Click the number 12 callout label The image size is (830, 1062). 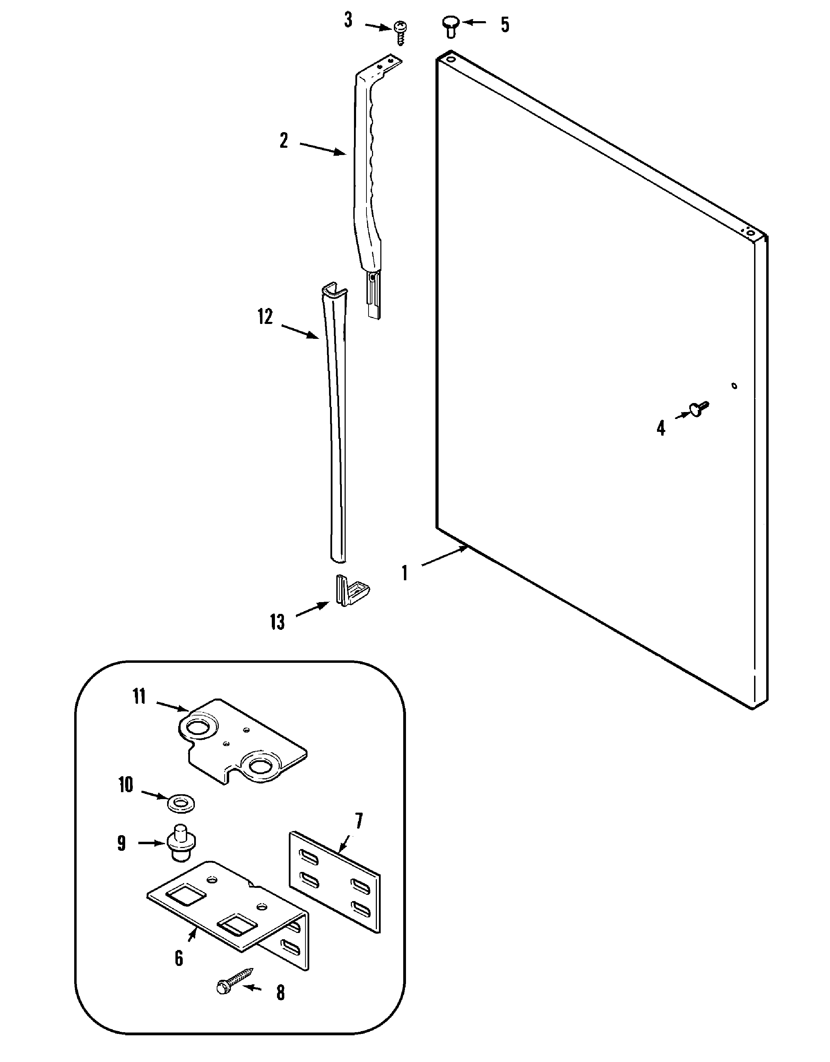pyautogui.click(x=265, y=317)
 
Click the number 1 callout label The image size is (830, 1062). pyautogui.click(x=404, y=573)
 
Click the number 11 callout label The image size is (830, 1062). pyautogui.click(x=139, y=696)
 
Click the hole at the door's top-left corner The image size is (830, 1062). pyautogui.click(x=450, y=60)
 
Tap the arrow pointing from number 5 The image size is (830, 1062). pyautogui.click(x=474, y=22)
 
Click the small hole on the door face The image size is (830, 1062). pyautogui.click(x=734, y=386)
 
